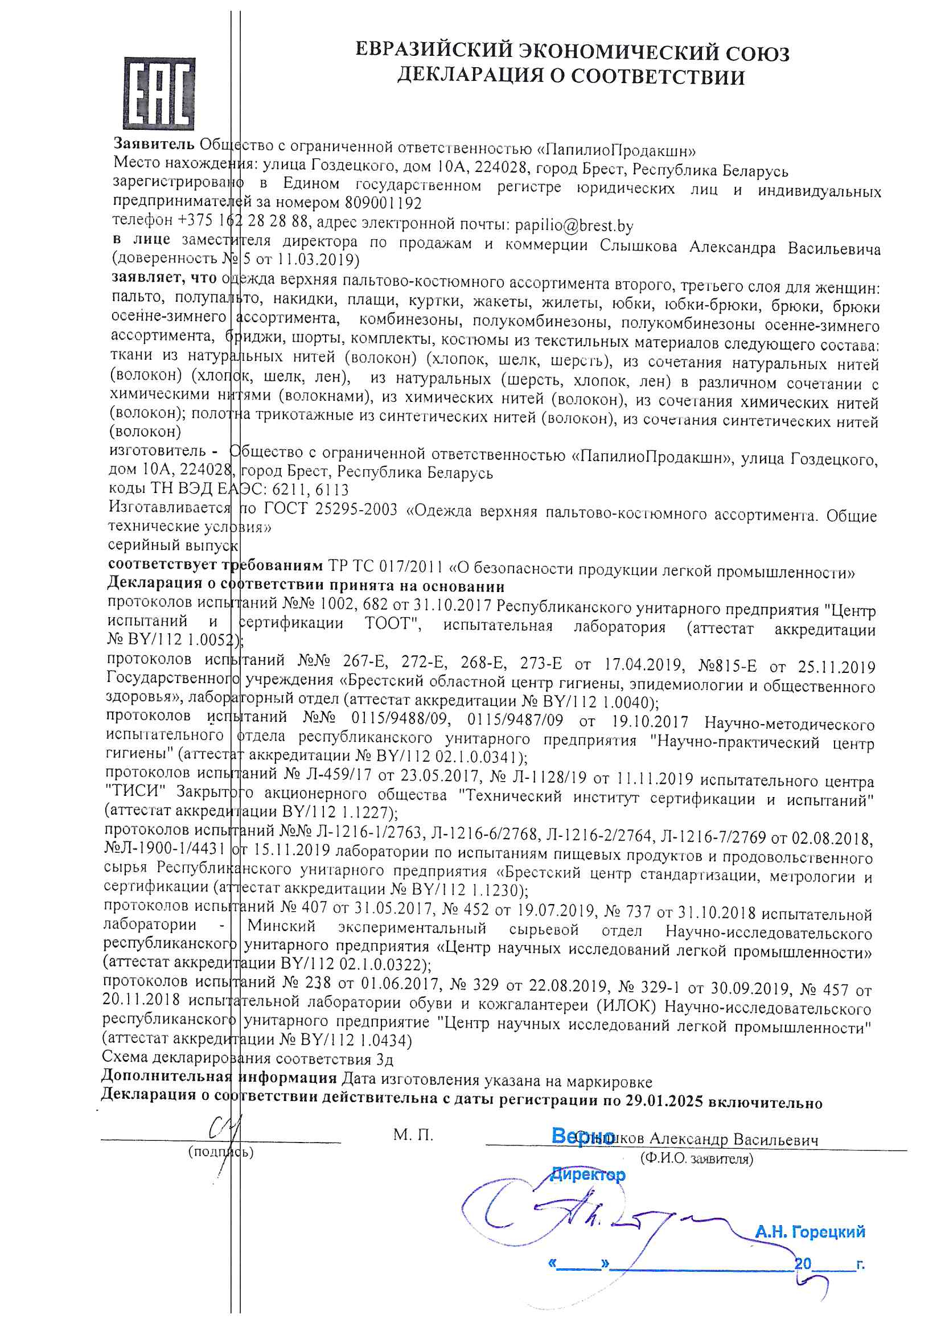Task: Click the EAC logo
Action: (x=158, y=93)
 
